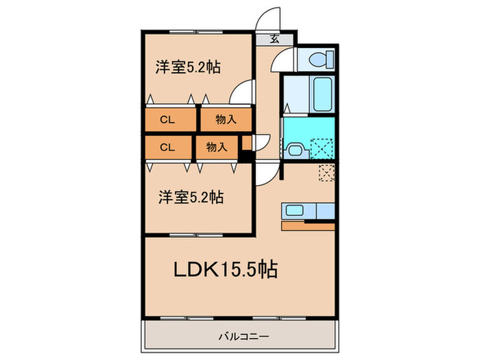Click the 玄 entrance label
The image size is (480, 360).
(x=274, y=39)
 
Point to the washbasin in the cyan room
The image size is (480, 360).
(x=294, y=149)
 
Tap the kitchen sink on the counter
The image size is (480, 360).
(x=293, y=210)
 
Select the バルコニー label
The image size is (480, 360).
(x=239, y=337)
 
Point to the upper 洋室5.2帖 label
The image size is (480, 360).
(x=187, y=67)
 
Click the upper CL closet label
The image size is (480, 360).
(x=167, y=119)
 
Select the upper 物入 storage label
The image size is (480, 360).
(x=226, y=119)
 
